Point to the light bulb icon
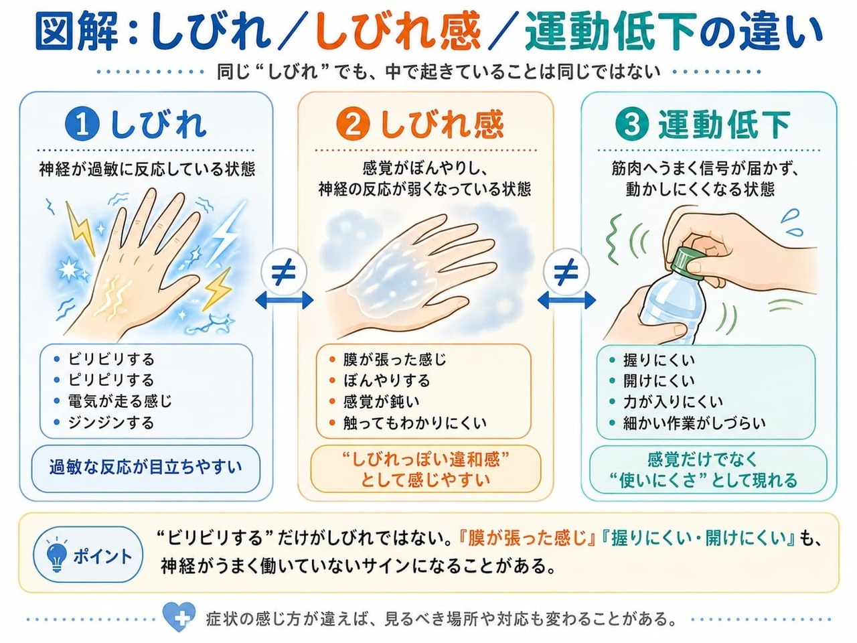click(x=56, y=555)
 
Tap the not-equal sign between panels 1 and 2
click(x=284, y=272)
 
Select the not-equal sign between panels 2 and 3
click(x=566, y=272)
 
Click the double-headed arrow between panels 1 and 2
click(x=285, y=300)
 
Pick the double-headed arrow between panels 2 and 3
click(x=566, y=300)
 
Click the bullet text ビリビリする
click(x=111, y=359)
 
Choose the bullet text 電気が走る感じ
click(x=120, y=401)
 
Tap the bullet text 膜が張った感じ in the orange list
click(x=395, y=359)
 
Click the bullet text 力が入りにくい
click(x=673, y=402)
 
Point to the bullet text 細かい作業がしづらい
click(x=694, y=423)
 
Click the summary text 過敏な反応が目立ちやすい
click(x=146, y=467)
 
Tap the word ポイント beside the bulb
click(x=102, y=556)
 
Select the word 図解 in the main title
click(x=76, y=31)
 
